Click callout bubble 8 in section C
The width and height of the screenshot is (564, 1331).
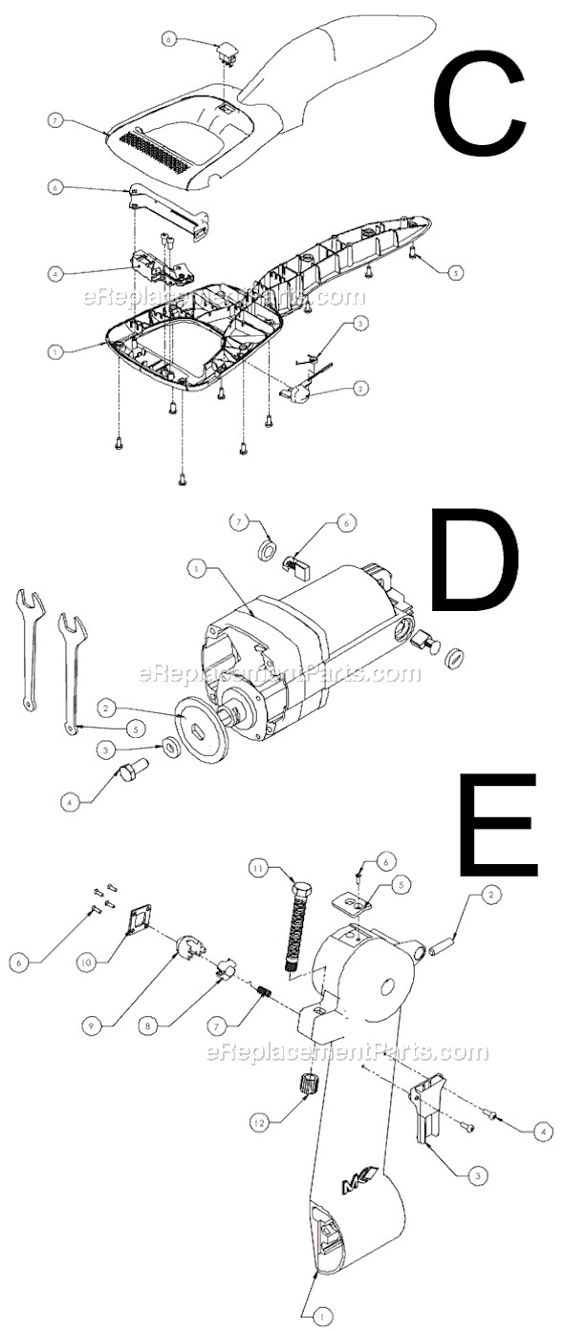pyautogui.click(x=169, y=40)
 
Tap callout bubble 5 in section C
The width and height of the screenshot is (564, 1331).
pyautogui.click(x=456, y=272)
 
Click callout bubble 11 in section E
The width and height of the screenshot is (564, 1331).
pyautogui.click(x=258, y=869)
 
